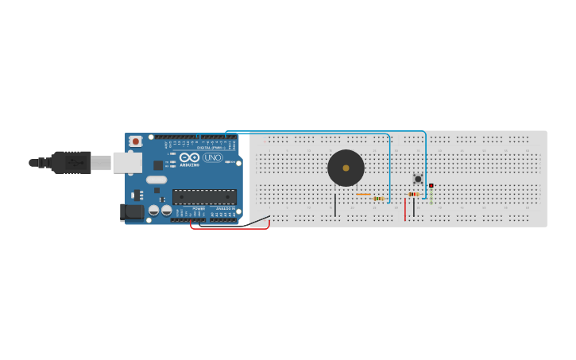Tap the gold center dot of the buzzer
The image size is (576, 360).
click(x=346, y=168)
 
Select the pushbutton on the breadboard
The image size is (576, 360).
click(x=418, y=179)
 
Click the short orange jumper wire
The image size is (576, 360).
click(x=363, y=194)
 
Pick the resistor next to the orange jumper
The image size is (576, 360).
click(x=378, y=199)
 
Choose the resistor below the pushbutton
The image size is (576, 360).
click(x=413, y=194)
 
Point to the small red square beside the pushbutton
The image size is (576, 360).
click(x=431, y=186)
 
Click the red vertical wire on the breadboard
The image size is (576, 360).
click(x=405, y=209)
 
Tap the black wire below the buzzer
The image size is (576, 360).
click(x=335, y=205)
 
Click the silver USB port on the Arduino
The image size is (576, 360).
click(x=126, y=163)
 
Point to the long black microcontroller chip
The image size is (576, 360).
click(x=204, y=196)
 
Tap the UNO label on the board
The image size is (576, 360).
click(x=213, y=157)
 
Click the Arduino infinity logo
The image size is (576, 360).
click(x=189, y=157)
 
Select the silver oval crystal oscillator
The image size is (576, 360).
click(x=157, y=180)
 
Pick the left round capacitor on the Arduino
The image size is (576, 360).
click(x=153, y=211)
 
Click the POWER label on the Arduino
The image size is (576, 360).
click(x=199, y=209)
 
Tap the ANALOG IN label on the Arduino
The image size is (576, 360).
click(x=226, y=209)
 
